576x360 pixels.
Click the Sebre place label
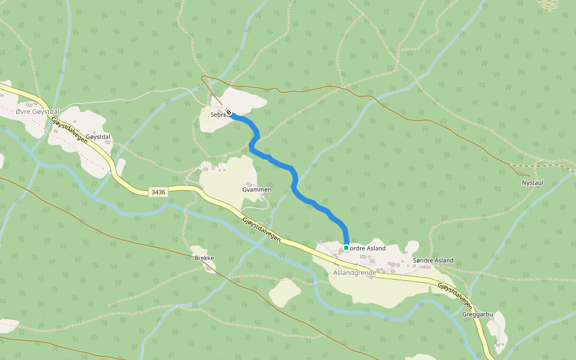click(217, 114)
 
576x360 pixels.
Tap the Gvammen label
click(257, 190)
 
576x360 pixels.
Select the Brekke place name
click(204, 258)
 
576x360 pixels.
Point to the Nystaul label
click(532, 182)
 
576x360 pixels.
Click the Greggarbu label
click(478, 314)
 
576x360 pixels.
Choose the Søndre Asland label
click(433, 260)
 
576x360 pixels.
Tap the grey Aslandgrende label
click(354, 272)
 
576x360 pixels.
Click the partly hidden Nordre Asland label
click(367, 248)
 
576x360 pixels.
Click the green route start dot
click(346, 248)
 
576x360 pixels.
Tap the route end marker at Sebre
click(229, 113)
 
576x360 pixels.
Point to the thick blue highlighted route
click(294, 180)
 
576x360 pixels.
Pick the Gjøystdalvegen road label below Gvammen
click(262, 229)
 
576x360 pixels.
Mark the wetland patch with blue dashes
click(549, 4)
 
